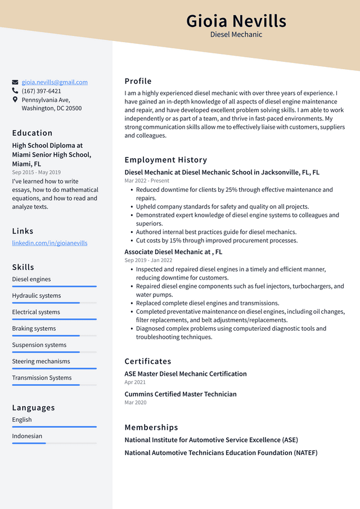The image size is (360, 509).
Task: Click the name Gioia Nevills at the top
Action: tap(236, 21)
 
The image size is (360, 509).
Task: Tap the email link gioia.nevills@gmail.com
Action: tap(55, 82)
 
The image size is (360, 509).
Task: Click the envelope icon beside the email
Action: tap(15, 82)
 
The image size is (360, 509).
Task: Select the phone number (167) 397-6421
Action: tap(42, 91)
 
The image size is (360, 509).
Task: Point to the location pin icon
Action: tap(15, 100)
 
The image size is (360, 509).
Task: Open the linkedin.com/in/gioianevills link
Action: tap(49, 243)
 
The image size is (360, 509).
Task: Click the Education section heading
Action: tap(32, 133)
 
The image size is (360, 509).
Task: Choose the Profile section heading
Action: tap(138, 81)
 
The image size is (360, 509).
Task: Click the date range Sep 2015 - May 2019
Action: tap(36, 172)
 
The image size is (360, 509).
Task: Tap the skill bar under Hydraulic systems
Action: tap(54, 303)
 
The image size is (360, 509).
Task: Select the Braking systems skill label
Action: tap(34, 328)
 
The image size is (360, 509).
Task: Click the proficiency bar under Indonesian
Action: tap(54, 443)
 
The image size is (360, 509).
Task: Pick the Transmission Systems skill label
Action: tap(42, 378)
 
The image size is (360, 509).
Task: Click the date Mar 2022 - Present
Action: tap(147, 181)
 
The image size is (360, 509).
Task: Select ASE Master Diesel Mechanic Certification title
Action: tap(186, 373)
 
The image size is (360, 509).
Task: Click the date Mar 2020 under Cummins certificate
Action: tap(135, 403)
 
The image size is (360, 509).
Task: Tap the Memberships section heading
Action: tap(151, 427)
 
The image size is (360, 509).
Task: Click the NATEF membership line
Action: tap(221, 453)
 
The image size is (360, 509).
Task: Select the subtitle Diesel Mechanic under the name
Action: tap(236, 35)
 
